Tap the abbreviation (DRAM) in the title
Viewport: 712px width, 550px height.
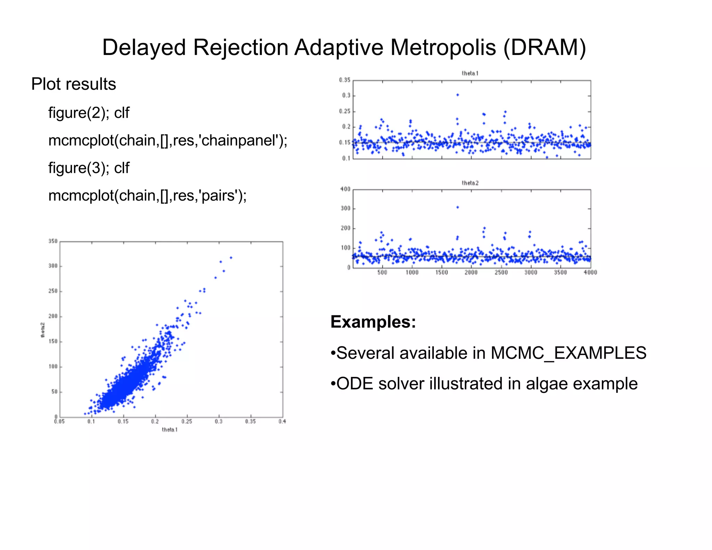click(x=544, y=47)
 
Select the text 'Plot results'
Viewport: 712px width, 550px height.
click(x=73, y=84)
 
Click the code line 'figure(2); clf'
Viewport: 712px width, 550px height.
click(x=89, y=113)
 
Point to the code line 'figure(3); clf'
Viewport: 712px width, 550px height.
click(x=89, y=168)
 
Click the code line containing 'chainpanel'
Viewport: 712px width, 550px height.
click(x=168, y=140)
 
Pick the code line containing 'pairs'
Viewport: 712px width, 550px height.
click(x=147, y=195)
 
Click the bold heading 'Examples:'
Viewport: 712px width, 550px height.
click(x=373, y=322)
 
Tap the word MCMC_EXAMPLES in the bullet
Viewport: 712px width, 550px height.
click(x=568, y=353)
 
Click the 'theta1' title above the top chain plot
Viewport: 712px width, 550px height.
click(x=470, y=73)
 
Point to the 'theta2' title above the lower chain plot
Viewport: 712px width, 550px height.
click(x=470, y=183)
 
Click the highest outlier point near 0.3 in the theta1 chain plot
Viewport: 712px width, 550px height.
click(x=458, y=95)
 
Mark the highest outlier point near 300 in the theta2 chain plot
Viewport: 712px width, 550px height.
click(x=458, y=207)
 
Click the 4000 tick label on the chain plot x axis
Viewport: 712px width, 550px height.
click(x=590, y=273)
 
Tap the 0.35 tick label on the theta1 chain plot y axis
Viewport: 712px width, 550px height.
click(x=345, y=80)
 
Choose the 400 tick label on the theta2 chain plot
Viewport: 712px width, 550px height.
click(x=345, y=189)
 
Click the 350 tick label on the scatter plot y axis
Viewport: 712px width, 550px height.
click(x=53, y=241)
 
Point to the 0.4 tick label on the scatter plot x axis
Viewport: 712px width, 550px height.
click(x=282, y=421)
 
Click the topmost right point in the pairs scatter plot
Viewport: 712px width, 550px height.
click(x=231, y=258)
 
